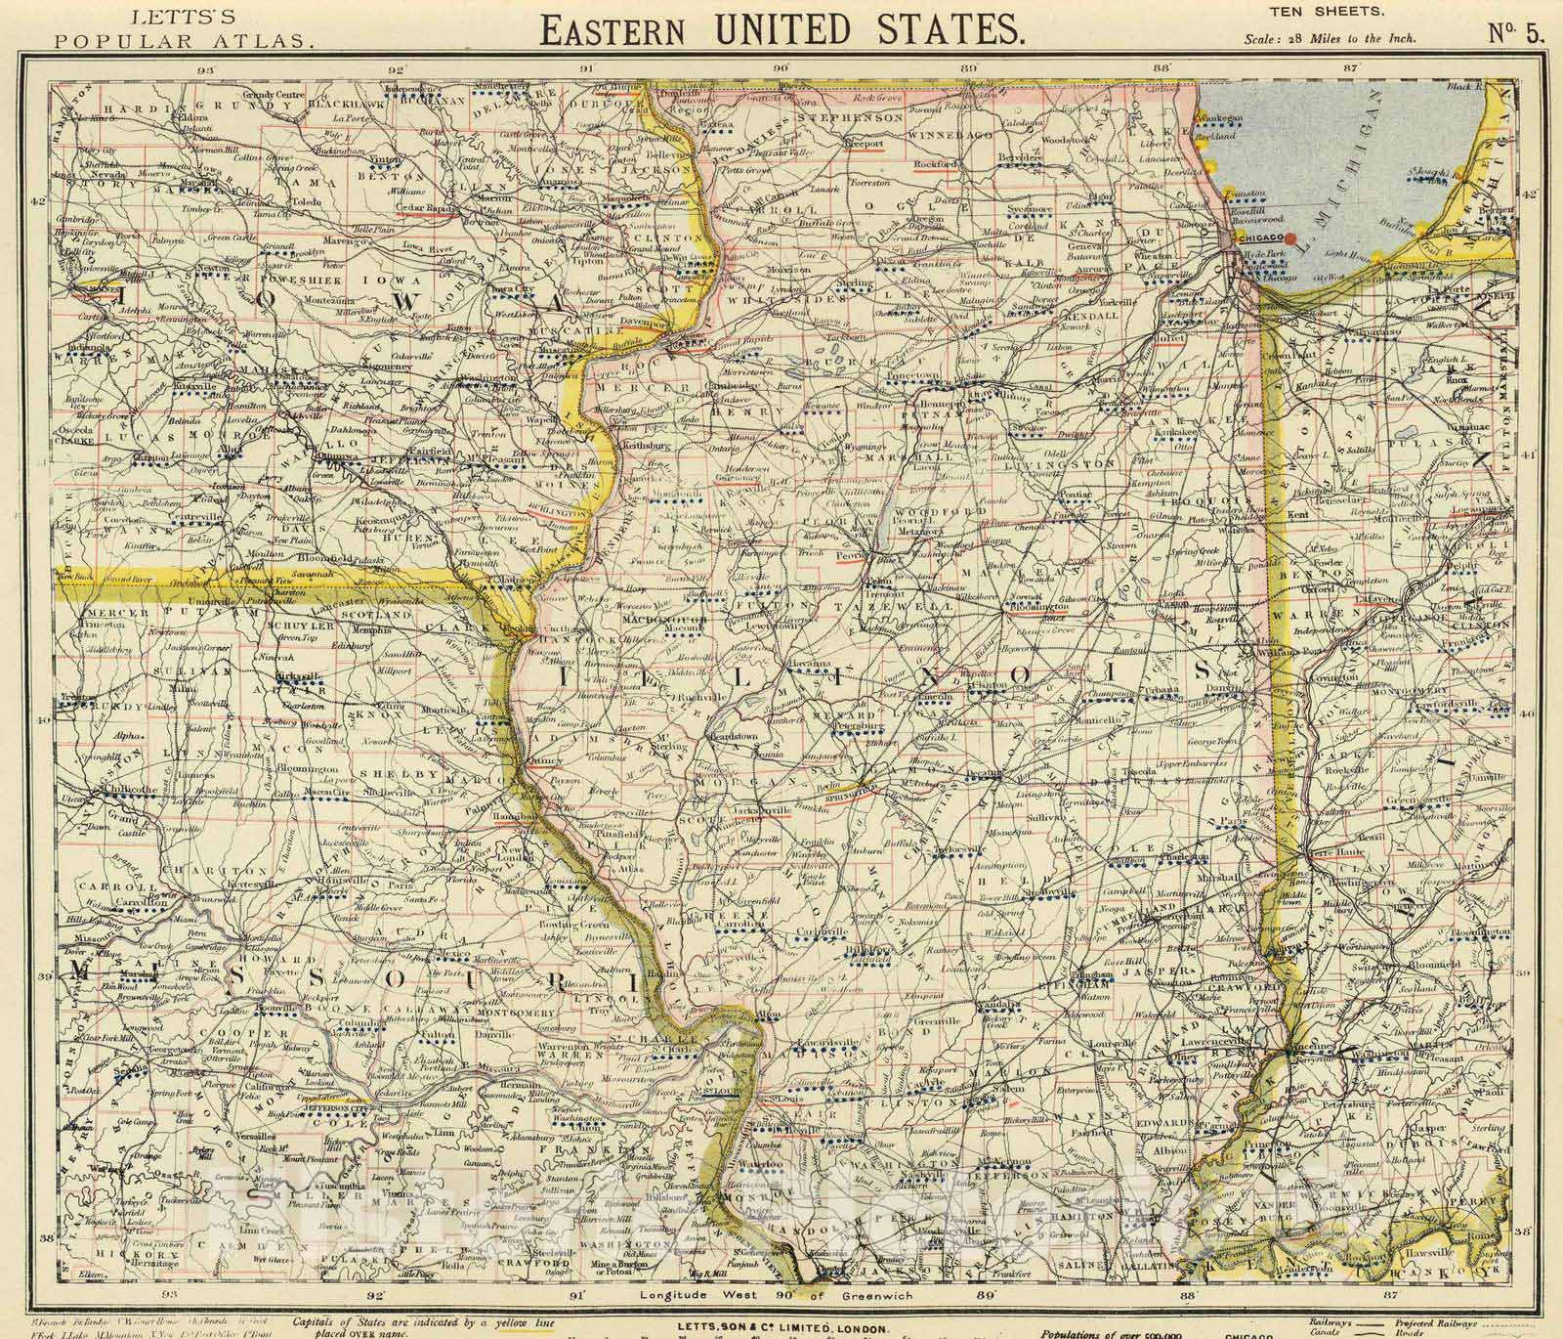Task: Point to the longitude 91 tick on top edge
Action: pyautogui.click(x=587, y=69)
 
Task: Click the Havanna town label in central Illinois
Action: pyautogui.click(x=810, y=664)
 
